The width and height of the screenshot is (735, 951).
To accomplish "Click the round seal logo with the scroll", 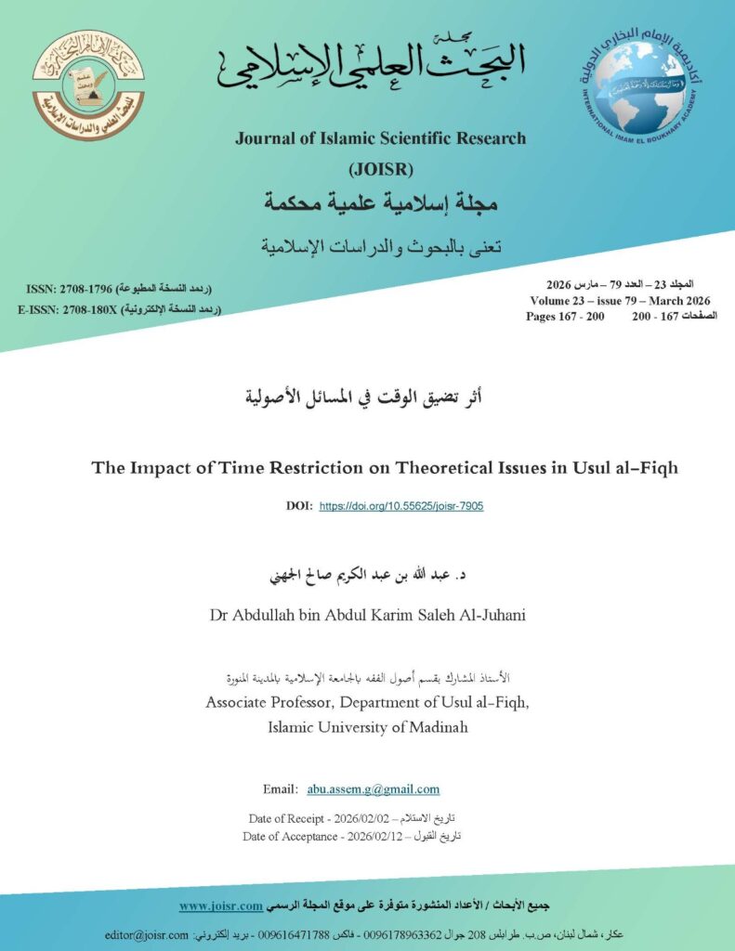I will (88, 85).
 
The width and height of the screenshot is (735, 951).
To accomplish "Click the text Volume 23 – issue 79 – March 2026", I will (620, 301).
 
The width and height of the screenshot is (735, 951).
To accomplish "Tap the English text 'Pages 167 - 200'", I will (565, 317).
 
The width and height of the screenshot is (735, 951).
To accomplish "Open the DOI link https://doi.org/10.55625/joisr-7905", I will (400, 506).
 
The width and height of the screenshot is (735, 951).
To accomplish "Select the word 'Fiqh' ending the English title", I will (657, 467).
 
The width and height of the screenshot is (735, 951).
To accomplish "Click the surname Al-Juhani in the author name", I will (492, 615).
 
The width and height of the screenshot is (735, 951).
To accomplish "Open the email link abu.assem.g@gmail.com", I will (373, 789).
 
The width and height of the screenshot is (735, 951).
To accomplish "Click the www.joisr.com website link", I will (219, 905).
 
